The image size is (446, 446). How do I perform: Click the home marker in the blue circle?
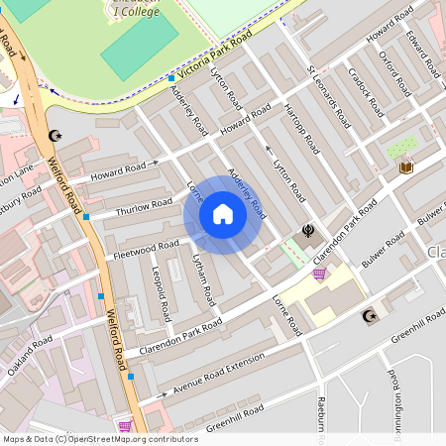point(223,214)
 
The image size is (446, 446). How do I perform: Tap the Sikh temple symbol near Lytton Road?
point(308,231)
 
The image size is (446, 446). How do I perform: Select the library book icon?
point(405,167)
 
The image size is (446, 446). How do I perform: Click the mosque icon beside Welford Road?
point(54,136)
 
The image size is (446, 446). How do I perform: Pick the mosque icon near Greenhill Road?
point(371,316)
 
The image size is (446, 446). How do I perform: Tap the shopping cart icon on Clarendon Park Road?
point(319,274)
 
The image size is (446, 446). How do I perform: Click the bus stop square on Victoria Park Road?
point(171,77)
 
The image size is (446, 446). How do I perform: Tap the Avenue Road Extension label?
point(219,377)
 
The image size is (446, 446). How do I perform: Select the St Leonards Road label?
point(329,98)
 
